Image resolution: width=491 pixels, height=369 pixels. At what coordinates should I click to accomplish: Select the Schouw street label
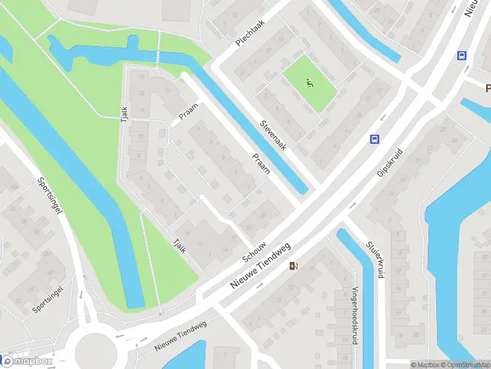[253, 250]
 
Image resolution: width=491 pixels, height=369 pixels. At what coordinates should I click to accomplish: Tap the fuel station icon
[294, 266]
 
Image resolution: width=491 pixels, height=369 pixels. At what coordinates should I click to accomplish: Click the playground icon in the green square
[310, 83]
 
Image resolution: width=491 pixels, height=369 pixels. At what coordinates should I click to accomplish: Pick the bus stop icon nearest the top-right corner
[462, 56]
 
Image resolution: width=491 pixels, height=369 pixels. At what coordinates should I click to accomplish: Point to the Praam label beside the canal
[261, 164]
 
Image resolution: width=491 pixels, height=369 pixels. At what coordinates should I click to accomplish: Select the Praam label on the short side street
[188, 111]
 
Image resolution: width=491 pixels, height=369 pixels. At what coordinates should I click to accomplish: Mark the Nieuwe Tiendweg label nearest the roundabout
[180, 336]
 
